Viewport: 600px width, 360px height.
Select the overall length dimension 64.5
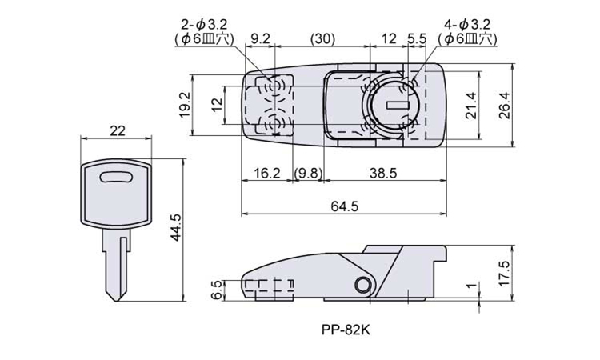coord(343,206)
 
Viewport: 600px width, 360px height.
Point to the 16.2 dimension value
coord(266,173)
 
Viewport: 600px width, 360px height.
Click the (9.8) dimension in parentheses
coord(308,173)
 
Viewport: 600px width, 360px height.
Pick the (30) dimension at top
coord(324,37)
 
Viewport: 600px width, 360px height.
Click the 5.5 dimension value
coord(416,37)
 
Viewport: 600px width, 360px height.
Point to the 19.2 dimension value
coord(183,105)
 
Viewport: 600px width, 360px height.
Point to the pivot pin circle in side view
coord(364,286)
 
